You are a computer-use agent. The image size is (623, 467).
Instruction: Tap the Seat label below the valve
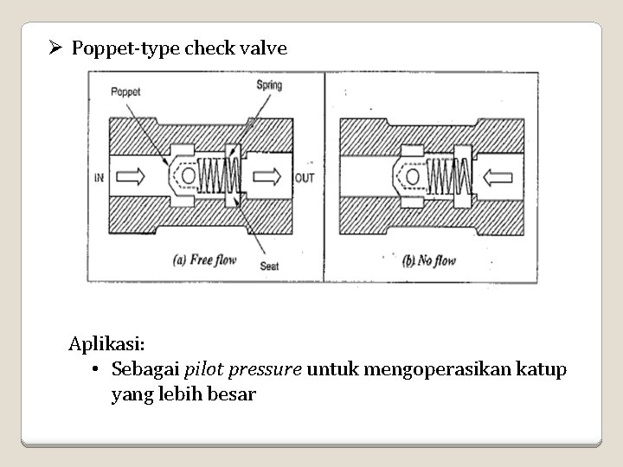point(269,266)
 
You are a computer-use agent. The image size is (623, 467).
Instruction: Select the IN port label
point(99,178)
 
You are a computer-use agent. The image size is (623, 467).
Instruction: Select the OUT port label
point(305,178)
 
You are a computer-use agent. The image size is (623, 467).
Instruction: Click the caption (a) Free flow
point(207,258)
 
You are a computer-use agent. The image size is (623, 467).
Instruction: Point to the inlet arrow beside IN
point(132,177)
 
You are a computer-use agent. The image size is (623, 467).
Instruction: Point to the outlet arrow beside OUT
point(265,177)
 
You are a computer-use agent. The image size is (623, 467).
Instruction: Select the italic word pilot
point(206,370)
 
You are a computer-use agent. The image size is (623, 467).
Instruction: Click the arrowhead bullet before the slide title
point(55,48)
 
